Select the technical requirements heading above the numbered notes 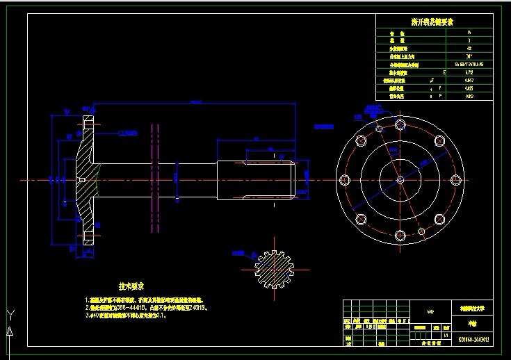[131, 286]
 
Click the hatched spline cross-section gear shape [277, 268]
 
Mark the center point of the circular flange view [400, 180]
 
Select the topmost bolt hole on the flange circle [400, 124]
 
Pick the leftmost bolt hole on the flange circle [345, 179]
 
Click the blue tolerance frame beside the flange [127, 132]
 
